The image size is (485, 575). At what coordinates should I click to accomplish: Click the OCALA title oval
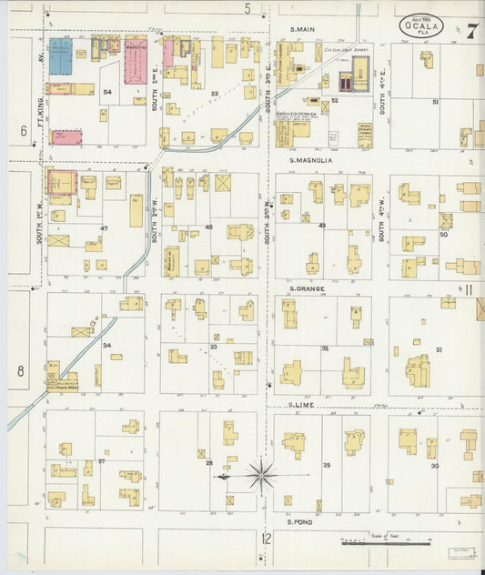(420, 27)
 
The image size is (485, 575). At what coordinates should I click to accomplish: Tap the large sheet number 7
(473, 29)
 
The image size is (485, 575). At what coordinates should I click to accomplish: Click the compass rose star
(261, 474)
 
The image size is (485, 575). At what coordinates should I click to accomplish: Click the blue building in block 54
(60, 56)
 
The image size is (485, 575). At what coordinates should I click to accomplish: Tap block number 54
(106, 92)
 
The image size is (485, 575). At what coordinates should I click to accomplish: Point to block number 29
(326, 465)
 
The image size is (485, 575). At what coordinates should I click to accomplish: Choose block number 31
(439, 350)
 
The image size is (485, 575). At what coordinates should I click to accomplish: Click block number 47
(104, 227)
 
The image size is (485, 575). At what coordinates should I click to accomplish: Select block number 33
(214, 347)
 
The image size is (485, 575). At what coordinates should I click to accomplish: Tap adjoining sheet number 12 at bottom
(266, 539)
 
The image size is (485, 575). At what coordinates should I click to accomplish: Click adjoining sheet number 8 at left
(18, 371)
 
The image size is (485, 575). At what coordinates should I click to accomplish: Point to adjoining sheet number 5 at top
(248, 8)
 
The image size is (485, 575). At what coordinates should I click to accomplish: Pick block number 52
(335, 100)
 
